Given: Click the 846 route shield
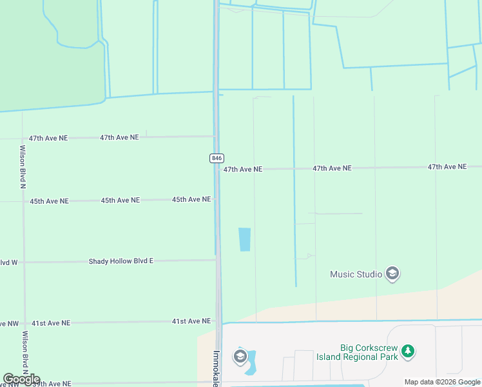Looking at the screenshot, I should (x=217, y=158).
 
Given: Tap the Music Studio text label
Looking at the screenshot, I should (x=356, y=274).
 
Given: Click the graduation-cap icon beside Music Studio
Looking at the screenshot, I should (x=392, y=274).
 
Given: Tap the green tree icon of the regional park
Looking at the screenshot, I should (x=407, y=352).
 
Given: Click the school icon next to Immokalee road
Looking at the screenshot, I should (x=240, y=357).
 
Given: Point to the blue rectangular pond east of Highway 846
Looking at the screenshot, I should (x=245, y=239).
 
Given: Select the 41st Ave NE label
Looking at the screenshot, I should (x=191, y=321).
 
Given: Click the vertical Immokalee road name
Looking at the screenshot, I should (x=217, y=368).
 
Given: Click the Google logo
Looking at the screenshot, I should (x=21, y=379).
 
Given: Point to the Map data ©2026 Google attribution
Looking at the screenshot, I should (x=442, y=382).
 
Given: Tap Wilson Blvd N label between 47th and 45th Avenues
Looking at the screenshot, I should (x=23, y=166).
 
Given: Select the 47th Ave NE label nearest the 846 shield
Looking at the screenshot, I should (x=243, y=169).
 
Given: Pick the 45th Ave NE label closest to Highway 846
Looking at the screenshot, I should (x=191, y=199).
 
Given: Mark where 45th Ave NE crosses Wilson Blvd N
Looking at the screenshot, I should (x=23, y=201).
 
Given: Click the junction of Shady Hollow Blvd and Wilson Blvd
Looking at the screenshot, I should (x=24, y=263).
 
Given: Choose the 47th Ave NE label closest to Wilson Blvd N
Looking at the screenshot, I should (x=48, y=138).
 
